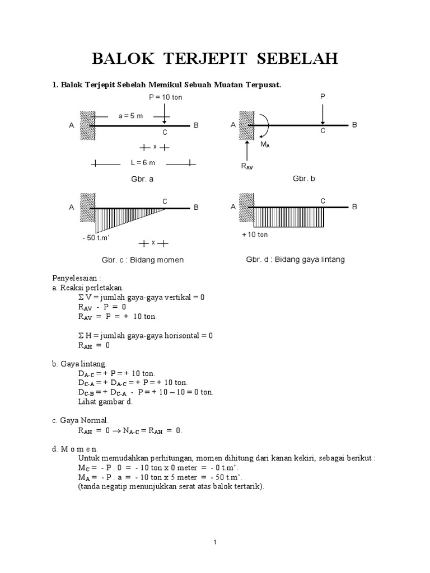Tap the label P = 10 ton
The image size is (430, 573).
165,97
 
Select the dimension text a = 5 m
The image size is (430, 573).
130,116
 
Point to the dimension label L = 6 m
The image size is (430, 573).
143,163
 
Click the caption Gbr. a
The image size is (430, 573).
143,180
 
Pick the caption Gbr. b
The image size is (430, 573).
304,179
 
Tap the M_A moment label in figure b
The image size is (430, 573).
265,144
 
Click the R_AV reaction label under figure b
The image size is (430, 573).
246,166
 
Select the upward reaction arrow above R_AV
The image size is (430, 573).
246,148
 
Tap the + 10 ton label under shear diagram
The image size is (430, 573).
255,234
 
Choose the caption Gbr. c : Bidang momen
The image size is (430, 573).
142,260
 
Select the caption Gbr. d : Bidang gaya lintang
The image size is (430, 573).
295,260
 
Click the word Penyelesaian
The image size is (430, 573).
76,278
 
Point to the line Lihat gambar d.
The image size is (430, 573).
105,401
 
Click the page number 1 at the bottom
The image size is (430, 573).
214,542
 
